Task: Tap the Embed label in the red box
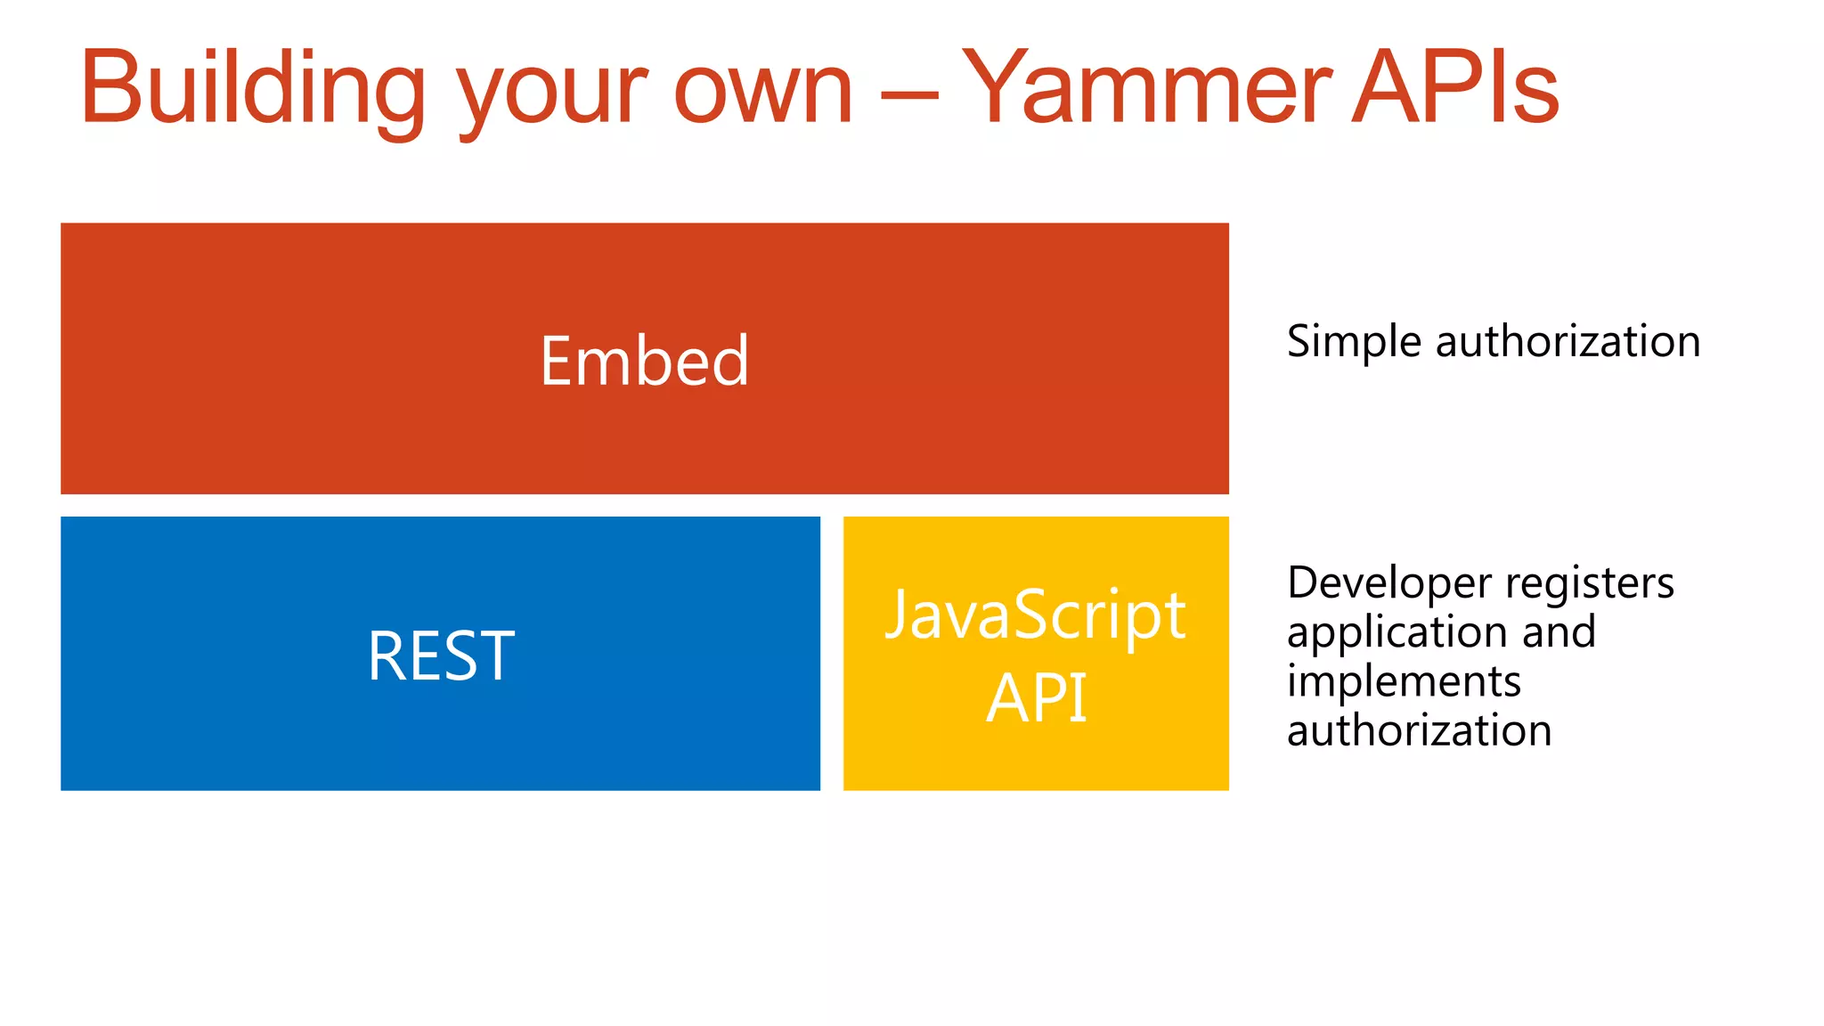pyautogui.click(x=644, y=361)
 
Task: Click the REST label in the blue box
pyautogui.click(x=441, y=656)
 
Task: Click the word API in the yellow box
pyautogui.click(x=1036, y=697)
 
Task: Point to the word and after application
pyautogui.click(x=1559, y=632)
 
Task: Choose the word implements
pyautogui.click(x=1404, y=682)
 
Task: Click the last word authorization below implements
pyautogui.click(x=1419, y=731)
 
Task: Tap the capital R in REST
pyautogui.click(x=385, y=656)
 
